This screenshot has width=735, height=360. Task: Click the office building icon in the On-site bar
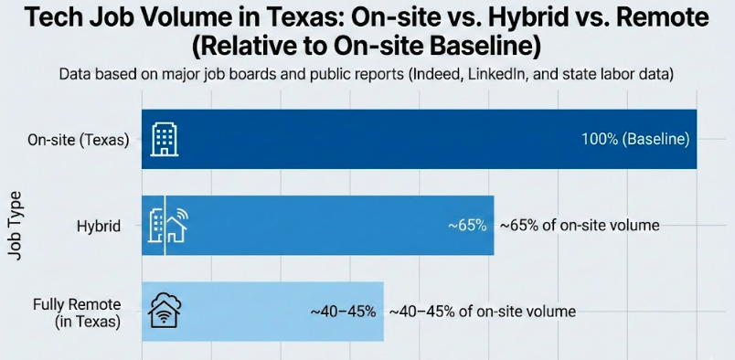coord(165,140)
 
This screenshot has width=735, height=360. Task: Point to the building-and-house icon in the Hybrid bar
coord(167,226)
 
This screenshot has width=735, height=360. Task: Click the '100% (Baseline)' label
coord(634,140)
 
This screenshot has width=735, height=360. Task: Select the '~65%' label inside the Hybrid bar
coord(466,226)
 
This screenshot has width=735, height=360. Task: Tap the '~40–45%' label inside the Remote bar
coord(343,312)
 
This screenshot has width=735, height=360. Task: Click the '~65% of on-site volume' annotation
coord(579,226)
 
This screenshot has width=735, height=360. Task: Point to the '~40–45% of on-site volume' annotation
coord(483,312)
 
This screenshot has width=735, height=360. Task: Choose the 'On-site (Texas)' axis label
coord(78,140)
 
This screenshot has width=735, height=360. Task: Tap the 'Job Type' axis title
coord(16,226)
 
